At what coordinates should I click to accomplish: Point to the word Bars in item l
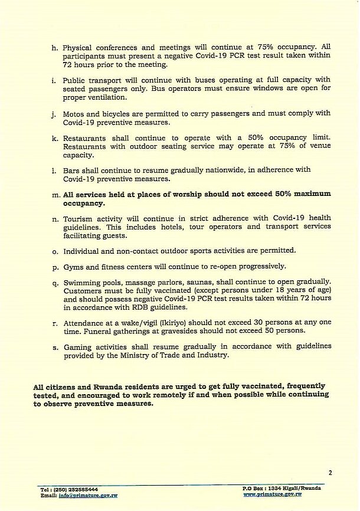72,171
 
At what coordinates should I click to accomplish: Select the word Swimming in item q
82,282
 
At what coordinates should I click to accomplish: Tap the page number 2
330,473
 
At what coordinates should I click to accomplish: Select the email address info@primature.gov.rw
89,496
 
